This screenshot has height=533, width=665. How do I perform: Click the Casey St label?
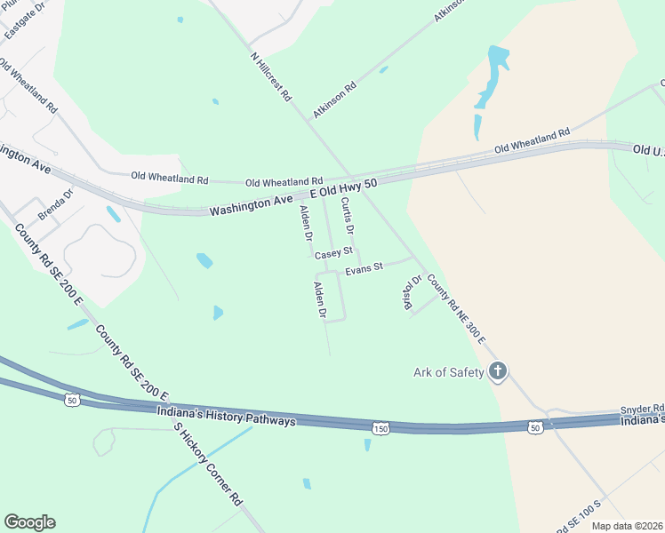click(x=334, y=253)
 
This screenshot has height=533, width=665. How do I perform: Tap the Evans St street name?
click(x=365, y=266)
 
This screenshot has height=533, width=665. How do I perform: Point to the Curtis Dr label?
click(x=348, y=216)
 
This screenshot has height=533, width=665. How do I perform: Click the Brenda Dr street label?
click(x=56, y=204)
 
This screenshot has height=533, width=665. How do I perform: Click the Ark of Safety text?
click(x=449, y=372)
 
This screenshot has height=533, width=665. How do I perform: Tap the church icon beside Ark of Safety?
click(x=499, y=371)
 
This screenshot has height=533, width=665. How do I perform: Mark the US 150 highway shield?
click(x=380, y=427)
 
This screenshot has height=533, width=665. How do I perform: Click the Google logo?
click(x=29, y=522)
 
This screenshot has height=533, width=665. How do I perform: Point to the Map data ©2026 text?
click(x=627, y=526)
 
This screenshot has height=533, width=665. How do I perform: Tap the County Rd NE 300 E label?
click(x=456, y=308)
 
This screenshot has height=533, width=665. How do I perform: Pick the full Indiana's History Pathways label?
click(x=226, y=416)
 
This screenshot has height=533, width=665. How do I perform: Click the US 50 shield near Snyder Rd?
click(x=533, y=427)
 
